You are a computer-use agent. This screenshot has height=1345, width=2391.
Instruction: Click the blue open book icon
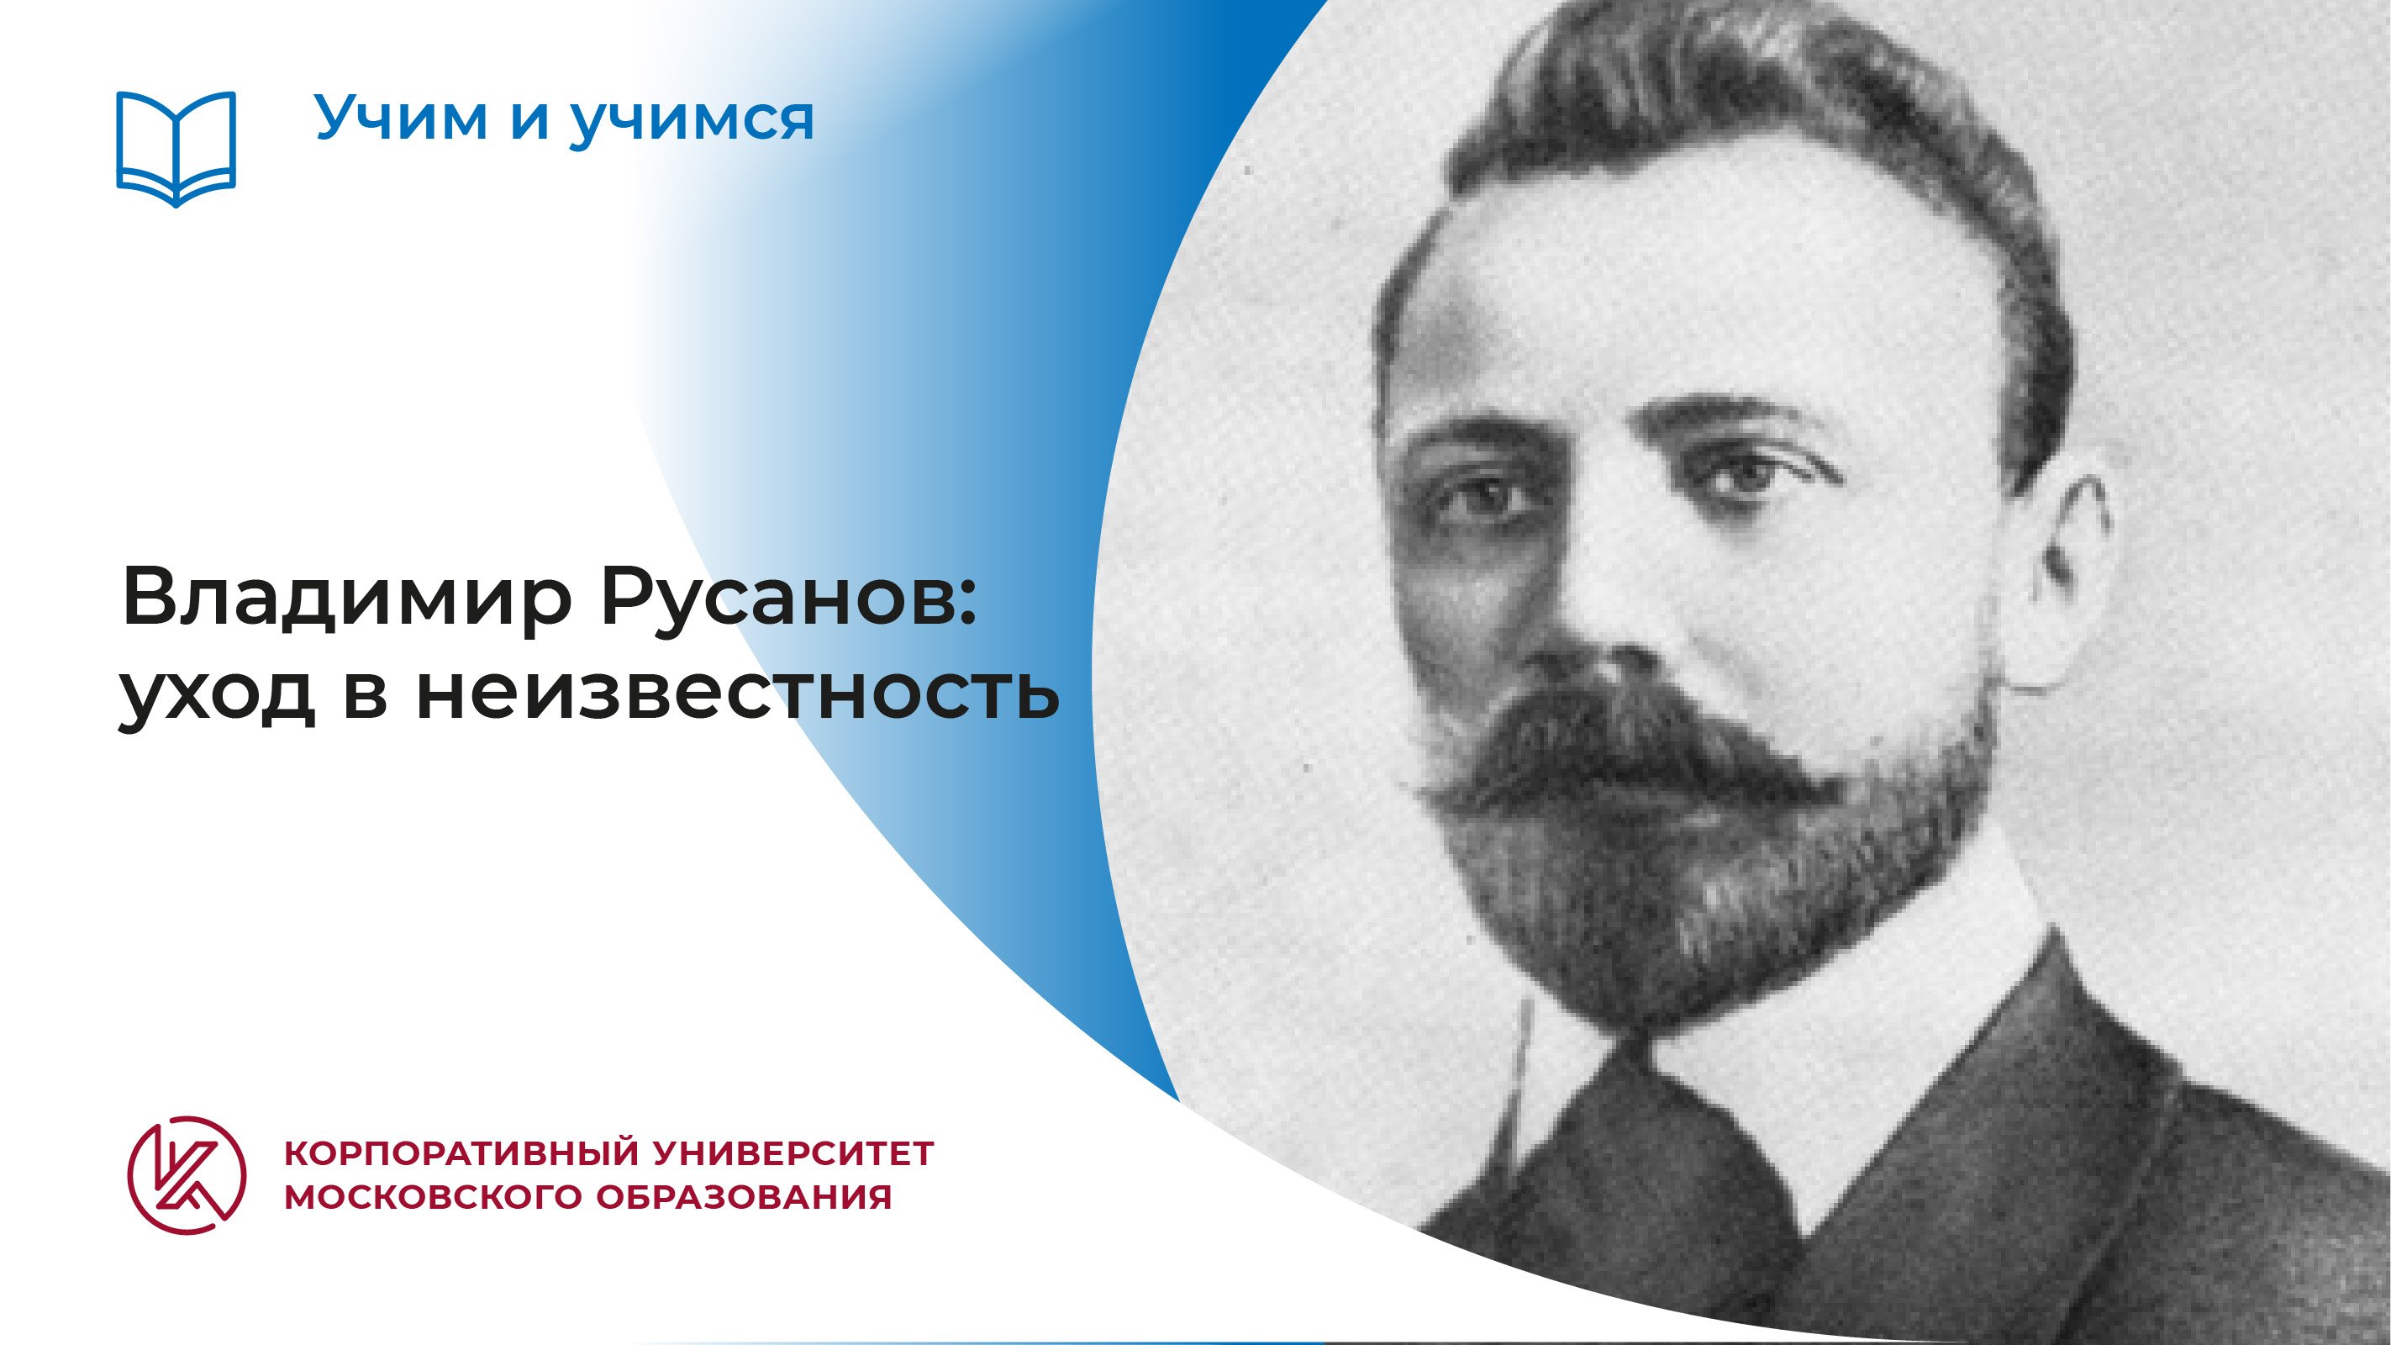coord(176,149)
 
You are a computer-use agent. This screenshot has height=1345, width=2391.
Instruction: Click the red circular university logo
coord(187,1174)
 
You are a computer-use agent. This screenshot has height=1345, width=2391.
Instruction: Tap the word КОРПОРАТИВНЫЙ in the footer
coord(461,1155)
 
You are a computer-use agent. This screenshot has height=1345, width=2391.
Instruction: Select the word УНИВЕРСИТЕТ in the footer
coord(794,1154)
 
